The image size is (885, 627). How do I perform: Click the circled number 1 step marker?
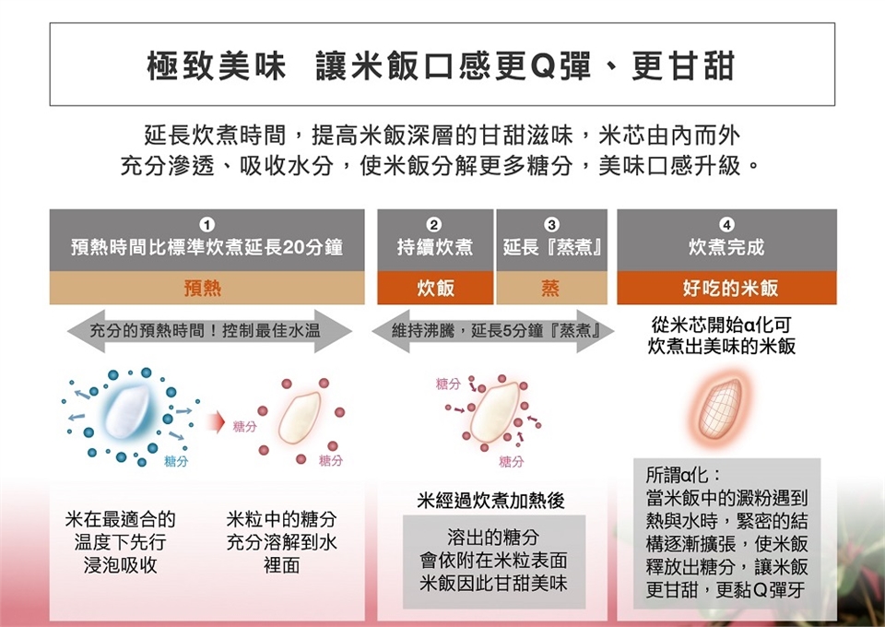[207, 224]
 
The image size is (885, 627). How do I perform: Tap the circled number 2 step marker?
[434, 224]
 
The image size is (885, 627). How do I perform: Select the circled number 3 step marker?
[551, 224]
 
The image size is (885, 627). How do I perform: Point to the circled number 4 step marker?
[726, 224]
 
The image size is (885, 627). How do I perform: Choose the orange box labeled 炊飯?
[435, 289]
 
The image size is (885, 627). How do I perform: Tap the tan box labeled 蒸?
[551, 289]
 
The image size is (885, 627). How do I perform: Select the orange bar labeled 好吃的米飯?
[726, 289]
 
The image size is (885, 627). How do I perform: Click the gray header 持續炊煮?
[435, 247]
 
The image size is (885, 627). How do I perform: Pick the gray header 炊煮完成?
[726, 247]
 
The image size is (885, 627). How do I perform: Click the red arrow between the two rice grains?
[217, 422]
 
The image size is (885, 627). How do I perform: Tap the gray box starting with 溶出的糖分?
[493, 561]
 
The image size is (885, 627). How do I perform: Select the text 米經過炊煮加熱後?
[491, 501]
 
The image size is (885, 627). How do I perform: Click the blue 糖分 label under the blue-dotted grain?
[176, 462]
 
